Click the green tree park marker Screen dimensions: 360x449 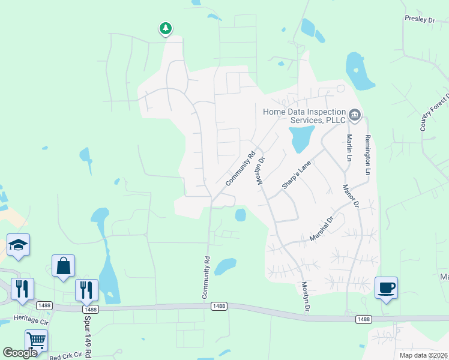pyautogui.click(x=166, y=28)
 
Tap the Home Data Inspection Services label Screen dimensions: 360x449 pyautogui.click(x=304, y=116)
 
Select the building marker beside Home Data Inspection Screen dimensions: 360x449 pyautogui.click(x=355, y=114)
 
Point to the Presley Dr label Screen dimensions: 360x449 pyautogui.click(x=419, y=20)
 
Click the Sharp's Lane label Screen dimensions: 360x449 pyautogui.click(x=297, y=175)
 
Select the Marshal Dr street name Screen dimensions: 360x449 pyautogui.click(x=321, y=228)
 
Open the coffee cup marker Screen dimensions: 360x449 pyautogui.click(x=386, y=288)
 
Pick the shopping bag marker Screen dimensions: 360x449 pyautogui.click(x=63, y=266)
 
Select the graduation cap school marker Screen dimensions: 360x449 pyautogui.click(x=19, y=245)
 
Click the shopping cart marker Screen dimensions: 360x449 pyautogui.click(x=36, y=341)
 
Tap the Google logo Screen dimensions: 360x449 pyautogui.click(x=20, y=353)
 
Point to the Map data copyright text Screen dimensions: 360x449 pyautogui.click(x=423, y=355)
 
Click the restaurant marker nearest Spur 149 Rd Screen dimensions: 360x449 pyautogui.click(x=86, y=290)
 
